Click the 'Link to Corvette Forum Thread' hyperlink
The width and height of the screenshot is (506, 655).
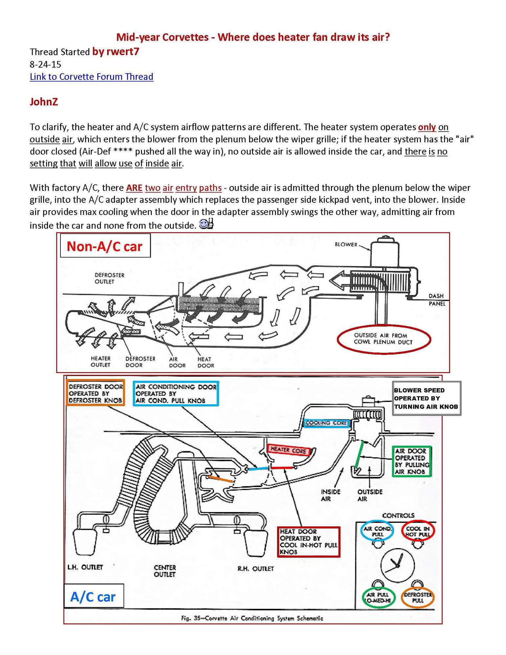pos(91,77)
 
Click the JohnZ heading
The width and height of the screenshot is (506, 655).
pos(44,102)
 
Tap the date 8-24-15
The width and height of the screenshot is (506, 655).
pos(45,64)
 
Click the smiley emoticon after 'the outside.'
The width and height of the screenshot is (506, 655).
pos(206,224)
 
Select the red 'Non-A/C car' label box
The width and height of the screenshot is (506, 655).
pos(105,246)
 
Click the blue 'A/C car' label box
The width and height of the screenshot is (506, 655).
pos(93,597)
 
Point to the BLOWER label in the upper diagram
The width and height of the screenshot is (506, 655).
pos(346,245)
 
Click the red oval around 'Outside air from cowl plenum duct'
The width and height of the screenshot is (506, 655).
pos(383,339)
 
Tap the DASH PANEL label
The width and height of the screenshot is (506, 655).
pos(436,300)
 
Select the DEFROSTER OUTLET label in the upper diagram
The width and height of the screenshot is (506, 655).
pos(109,278)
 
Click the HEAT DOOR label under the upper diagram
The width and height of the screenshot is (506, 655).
pos(205,363)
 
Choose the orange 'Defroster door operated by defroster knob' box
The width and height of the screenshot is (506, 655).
pos(95,393)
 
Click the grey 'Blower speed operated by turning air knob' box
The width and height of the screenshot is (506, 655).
pos(426,398)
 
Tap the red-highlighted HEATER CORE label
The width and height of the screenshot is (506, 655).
pos(288,450)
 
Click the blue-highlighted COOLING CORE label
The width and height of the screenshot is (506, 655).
pos(326,423)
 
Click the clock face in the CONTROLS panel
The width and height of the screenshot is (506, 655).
pos(397,565)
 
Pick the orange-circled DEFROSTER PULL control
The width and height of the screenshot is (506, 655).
pos(417,597)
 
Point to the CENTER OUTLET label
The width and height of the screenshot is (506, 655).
pos(165,571)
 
